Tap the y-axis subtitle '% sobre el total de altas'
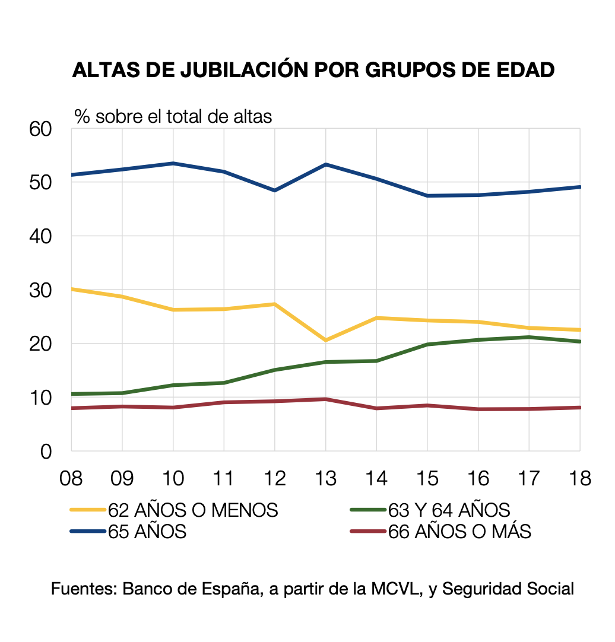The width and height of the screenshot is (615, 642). pyautogui.click(x=173, y=116)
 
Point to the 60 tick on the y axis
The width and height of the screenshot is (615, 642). pyautogui.click(x=41, y=129)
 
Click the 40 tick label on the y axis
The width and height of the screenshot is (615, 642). pyautogui.click(x=41, y=236)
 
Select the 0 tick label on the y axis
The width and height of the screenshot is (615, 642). pyautogui.click(x=47, y=452)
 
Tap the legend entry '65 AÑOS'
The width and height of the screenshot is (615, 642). pyautogui.click(x=147, y=531)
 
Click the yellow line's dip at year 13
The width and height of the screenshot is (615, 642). pyautogui.click(x=326, y=340)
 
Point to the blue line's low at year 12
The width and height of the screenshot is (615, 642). pyautogui.click(x=275, y=190)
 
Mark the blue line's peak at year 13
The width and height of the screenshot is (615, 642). pyautogui.click(x=326, y=164)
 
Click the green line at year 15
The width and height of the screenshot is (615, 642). pyautogui.click(x=427, y=344)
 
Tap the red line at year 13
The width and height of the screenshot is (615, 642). pyautogui.click(x=326, y=399)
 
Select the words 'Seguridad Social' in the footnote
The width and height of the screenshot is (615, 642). pyautogui.click(x=508, y=589)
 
